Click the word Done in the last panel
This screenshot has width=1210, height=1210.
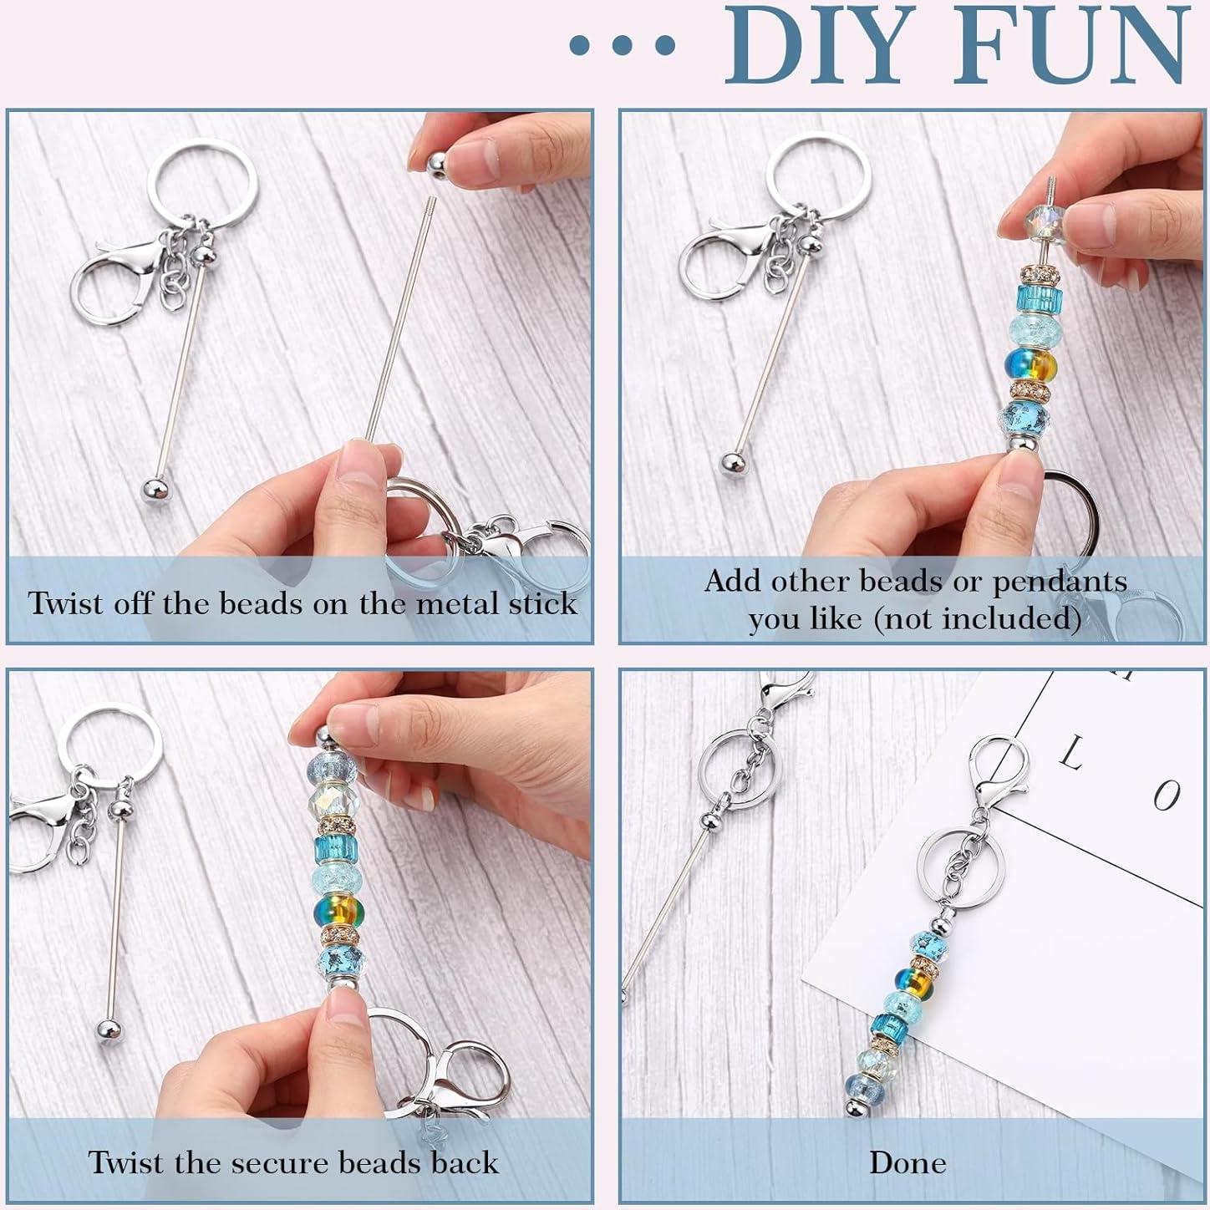click(x=907, y=1162)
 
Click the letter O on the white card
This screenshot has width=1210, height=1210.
click(x=1166, y=795)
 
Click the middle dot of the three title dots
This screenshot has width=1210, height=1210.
click(x=622, y=46)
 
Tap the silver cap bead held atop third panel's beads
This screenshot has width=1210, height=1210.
click(x=322, y=739)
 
